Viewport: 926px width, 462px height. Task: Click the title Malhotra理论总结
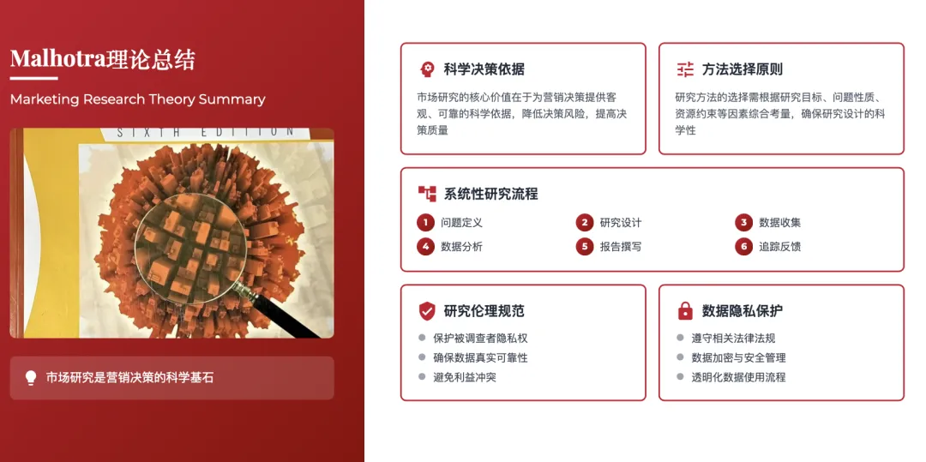(102, 59)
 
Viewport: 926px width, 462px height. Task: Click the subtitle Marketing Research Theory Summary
(137, 99)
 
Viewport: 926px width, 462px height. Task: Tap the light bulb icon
(31, 377)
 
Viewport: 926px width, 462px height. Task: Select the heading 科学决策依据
(484, 69)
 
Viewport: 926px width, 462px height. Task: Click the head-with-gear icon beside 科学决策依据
(427, 69)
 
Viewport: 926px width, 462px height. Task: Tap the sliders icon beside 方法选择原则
(685, 69)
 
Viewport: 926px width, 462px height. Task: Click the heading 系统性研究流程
(490, 194)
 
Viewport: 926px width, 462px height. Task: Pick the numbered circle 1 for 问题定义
(426, 223)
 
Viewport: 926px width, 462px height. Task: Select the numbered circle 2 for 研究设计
(585, 223)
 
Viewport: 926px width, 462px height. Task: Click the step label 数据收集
(779, 223)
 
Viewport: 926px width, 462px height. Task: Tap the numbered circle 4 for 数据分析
(426, 247)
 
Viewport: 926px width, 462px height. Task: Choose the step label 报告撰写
(621, 247)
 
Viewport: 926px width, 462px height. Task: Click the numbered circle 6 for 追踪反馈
(744, 247)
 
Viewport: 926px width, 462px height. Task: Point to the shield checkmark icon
(427, 311)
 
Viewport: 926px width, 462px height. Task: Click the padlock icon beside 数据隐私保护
(685, 310)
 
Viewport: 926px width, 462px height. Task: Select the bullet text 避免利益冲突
(465, 377)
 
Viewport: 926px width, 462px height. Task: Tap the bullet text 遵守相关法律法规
(733, 339)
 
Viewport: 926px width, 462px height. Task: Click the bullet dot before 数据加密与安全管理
(680, 357)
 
